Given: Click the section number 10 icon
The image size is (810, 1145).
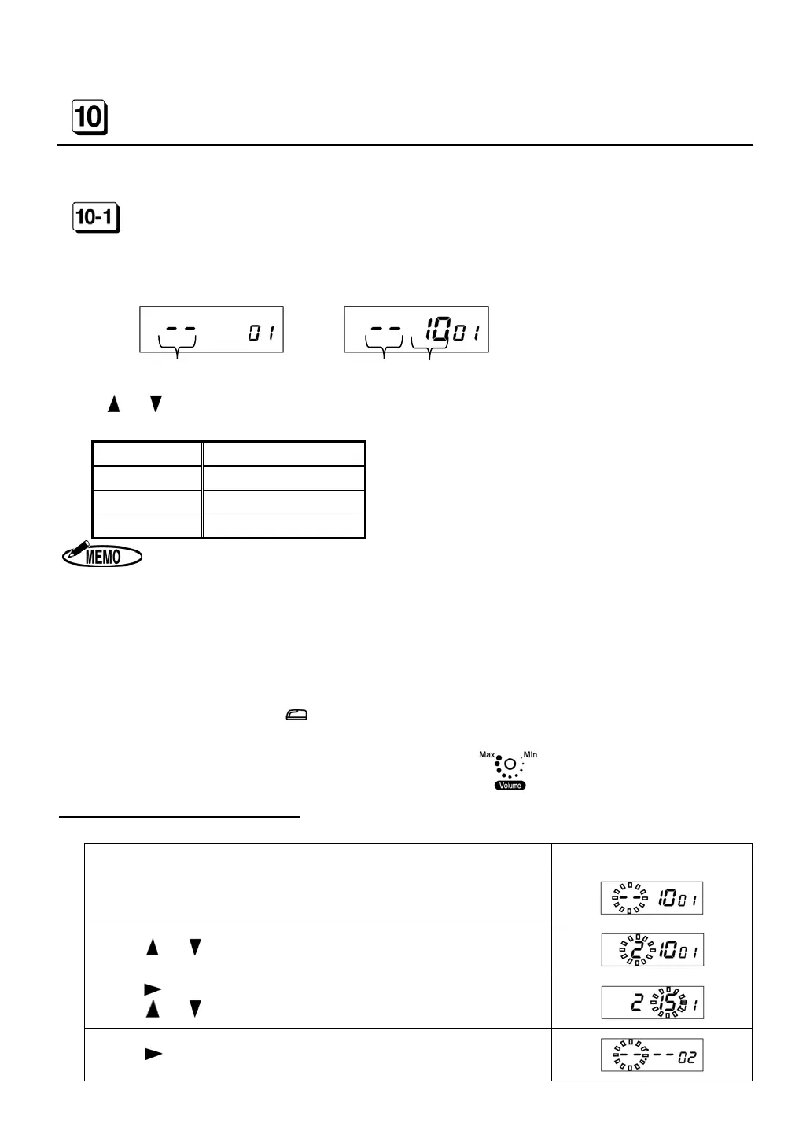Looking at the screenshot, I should click(x=89, y=118).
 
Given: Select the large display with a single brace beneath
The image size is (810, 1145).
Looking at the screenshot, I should click(x=211, y=330).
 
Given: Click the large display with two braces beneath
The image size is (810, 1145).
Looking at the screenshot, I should click(x=416, y=330).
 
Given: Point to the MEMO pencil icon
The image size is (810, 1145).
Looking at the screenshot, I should click(x=102, y=557).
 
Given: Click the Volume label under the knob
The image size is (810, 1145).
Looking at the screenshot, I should click(x=510, y=786).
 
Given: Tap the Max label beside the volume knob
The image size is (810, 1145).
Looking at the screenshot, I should click(x=487, y=755).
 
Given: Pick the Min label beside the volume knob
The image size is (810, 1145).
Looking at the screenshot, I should click(x=531, y=755).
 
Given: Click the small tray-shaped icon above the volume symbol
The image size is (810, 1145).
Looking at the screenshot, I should click(x=299, y=715).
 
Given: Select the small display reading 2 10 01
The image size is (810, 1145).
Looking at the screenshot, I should click(x=652, y=950).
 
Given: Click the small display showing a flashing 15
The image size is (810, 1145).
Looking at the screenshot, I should click(x=652, y=1002).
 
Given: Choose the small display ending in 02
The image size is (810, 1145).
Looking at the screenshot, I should click(x=652, y=1055).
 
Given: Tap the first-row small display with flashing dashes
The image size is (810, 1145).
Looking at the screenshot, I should click(x=652, y=898).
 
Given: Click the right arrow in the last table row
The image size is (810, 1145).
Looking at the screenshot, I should click(x=153, y=1054).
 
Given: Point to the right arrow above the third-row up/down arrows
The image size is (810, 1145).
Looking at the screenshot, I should click(x=153, y=989).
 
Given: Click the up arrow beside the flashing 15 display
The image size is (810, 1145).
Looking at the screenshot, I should click(x=153, y=1009).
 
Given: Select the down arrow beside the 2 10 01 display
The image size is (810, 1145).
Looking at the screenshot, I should click(x=196, y=948).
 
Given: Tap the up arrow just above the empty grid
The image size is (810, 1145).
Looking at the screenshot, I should click(x=114, y=404).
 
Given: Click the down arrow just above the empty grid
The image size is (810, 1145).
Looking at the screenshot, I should click(x=156, y=404).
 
